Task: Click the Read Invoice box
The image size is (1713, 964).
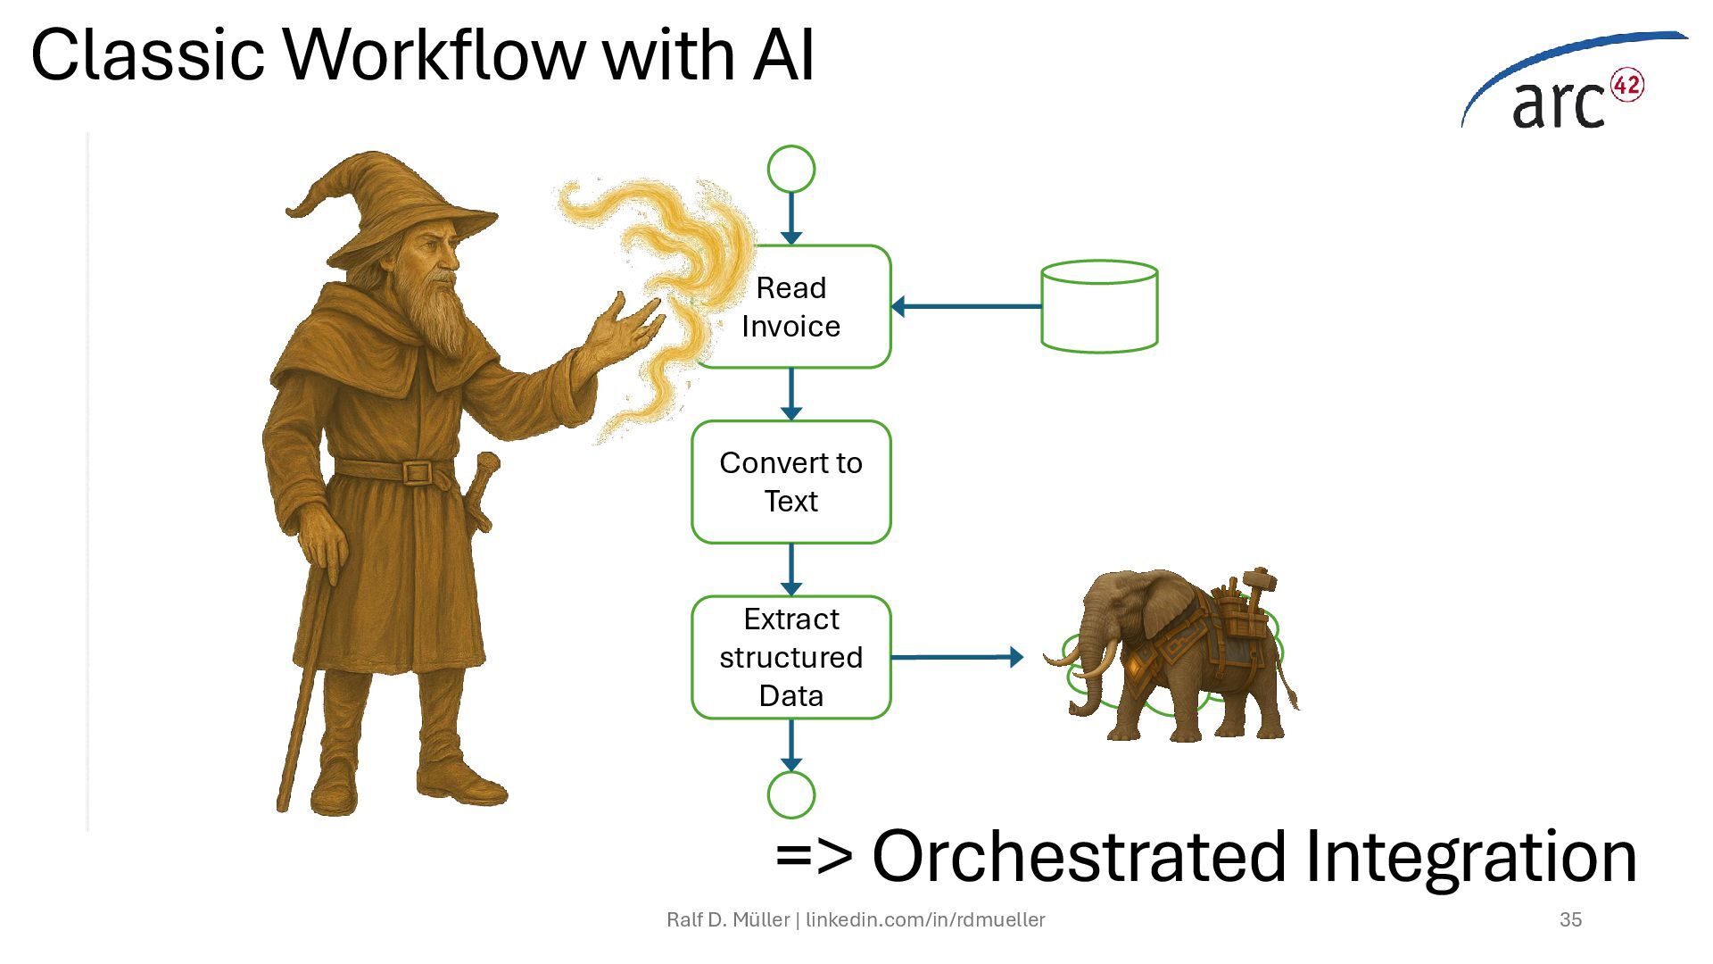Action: (x=791, y=306)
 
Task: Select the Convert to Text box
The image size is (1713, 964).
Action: (x=791, y=482)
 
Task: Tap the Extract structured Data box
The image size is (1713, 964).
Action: (x=791, y=657)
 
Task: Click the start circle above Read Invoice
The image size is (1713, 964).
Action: (x=791, y=169)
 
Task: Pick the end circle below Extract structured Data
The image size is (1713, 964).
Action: (x=791, y=794)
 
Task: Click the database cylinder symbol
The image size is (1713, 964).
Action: (x=1099, y=306)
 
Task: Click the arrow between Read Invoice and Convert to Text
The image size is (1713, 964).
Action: (x=791, y=394)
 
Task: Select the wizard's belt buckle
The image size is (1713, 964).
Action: (x=416, y=471)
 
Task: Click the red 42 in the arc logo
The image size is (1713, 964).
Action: (x=1626, y=86)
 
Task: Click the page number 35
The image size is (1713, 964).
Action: (x=1570, y=919)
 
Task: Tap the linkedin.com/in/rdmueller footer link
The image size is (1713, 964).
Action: (x=925, y=919)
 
